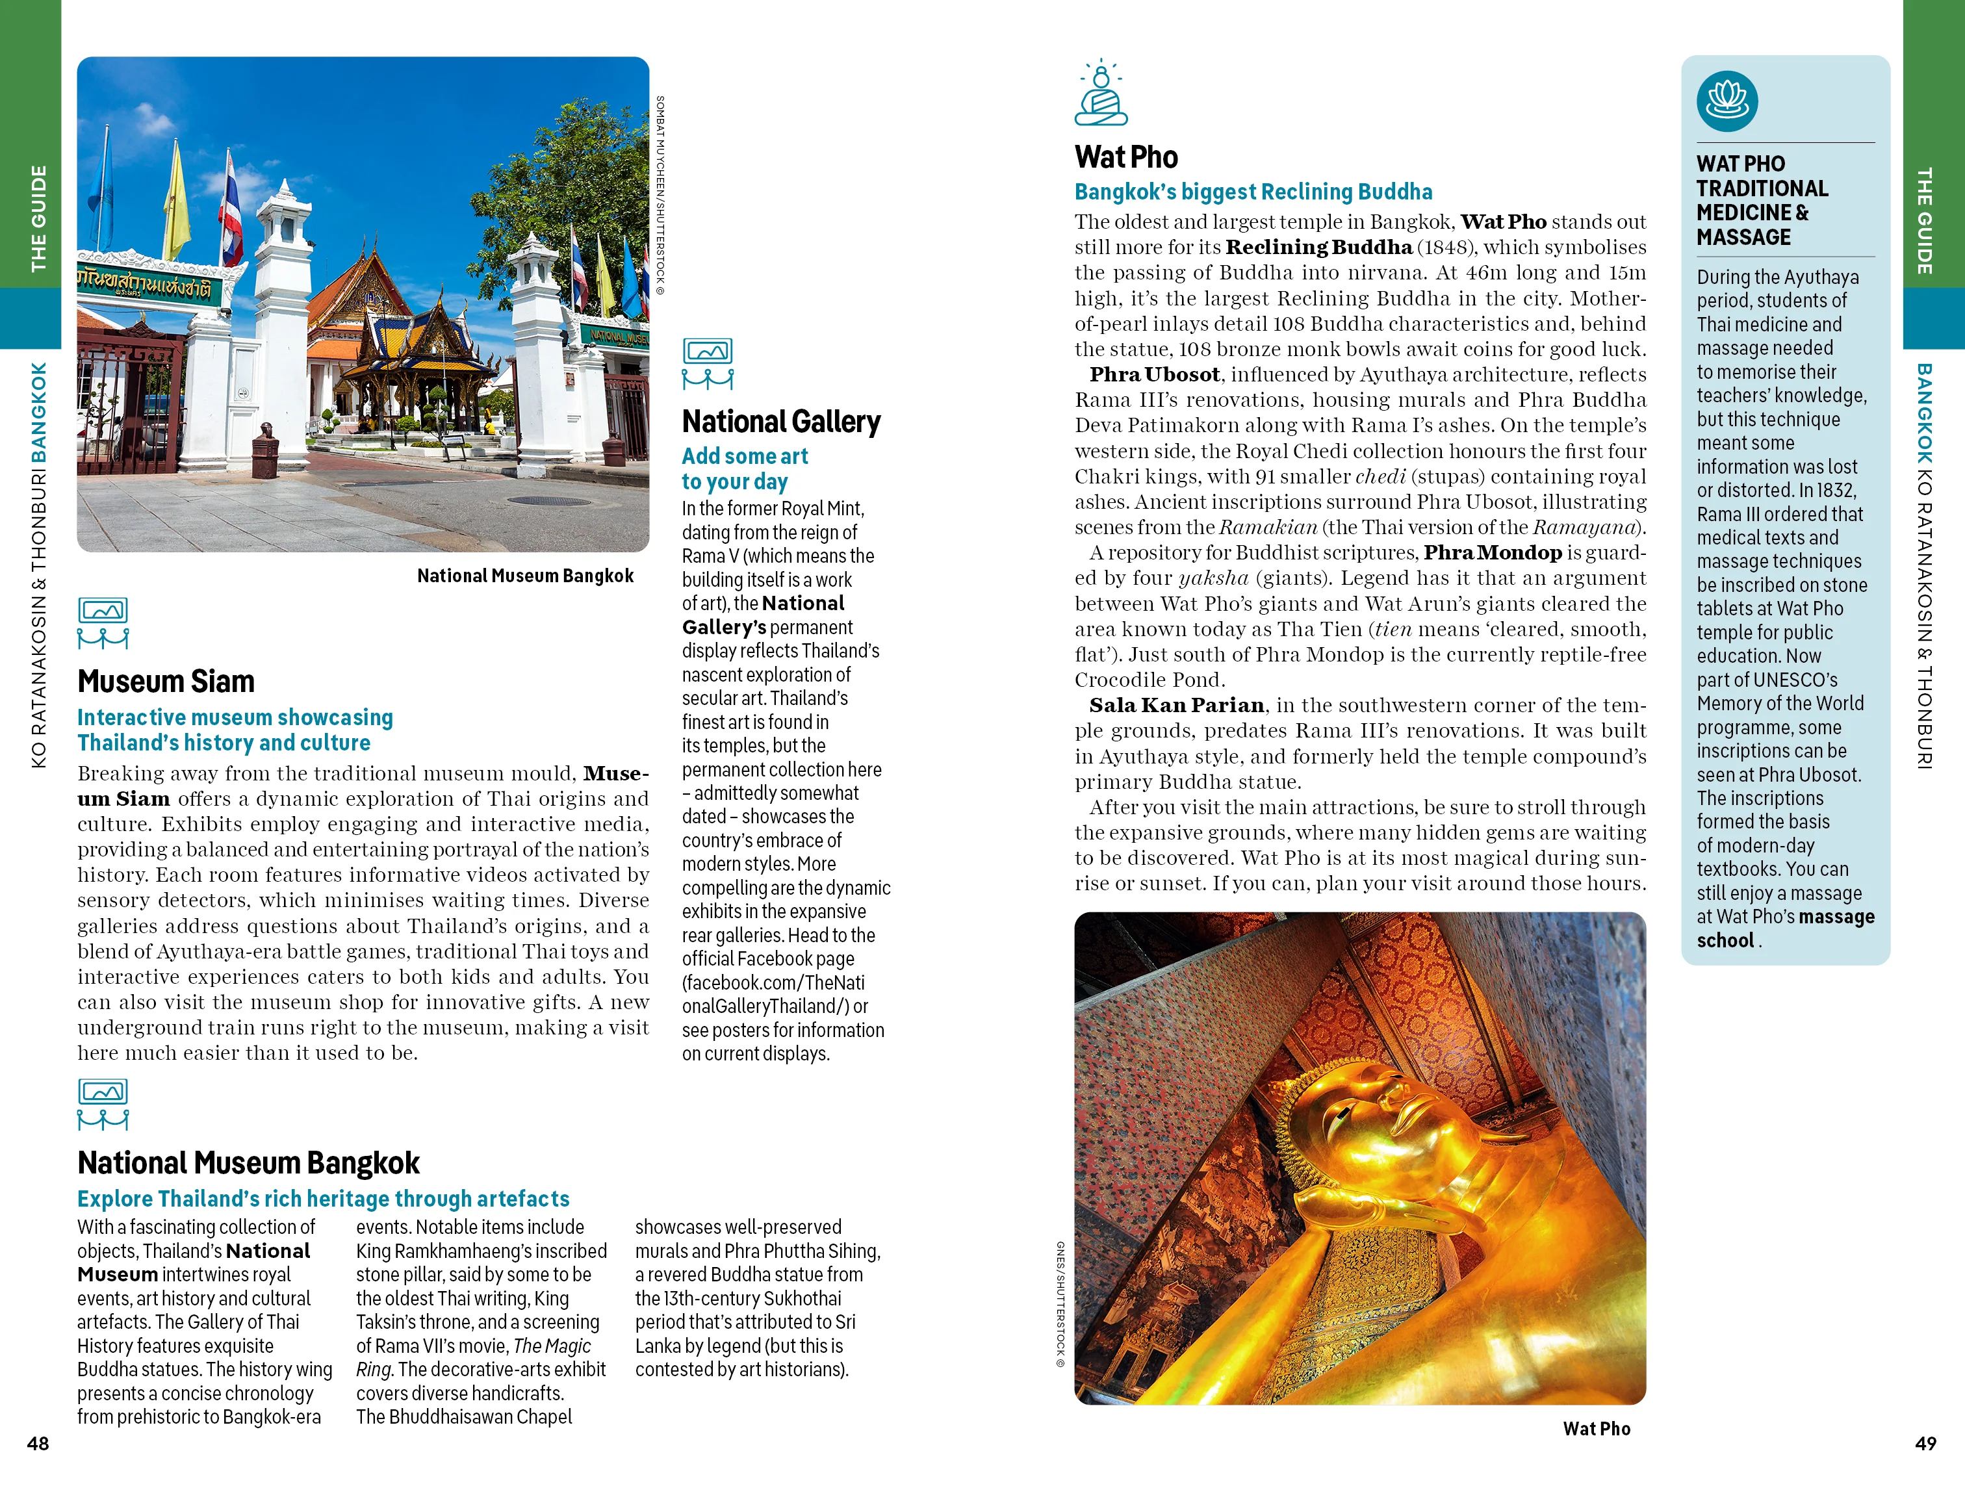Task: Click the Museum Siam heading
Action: [x=166, y=681]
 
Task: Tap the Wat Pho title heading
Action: [x=1125, y=157]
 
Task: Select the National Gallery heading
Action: [x=781, y=421]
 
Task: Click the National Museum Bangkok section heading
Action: [x=248, y=1162]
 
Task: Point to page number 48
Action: [x=38, y=1442]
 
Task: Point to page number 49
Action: [x=1925, y=1442]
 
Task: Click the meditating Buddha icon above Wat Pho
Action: [x=1100, y=94]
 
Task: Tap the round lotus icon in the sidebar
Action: [x=1727, y=101]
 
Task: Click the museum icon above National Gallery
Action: [x=707, y=363]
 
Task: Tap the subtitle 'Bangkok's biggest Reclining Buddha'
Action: [x=1252, y=192]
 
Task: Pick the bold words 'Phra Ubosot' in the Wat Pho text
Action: [x=1154, y=374]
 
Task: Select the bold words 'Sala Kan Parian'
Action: [x=1176, y=705]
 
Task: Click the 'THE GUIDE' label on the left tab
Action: [x=38, y=218]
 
